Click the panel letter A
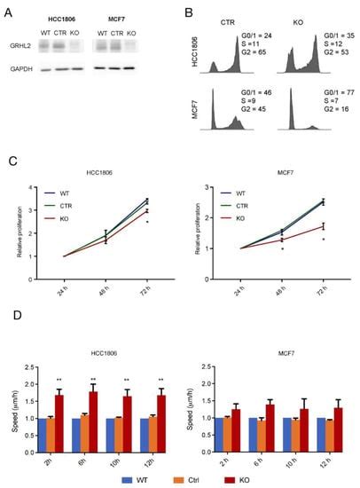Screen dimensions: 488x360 [x=11, y=12]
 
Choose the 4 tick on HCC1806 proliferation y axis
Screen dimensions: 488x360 [x=32, y=187]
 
